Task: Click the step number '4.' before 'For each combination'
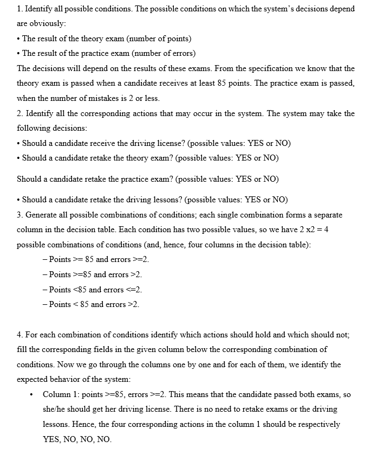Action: coord(21,335)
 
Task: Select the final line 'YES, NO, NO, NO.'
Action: coord(77,439)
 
